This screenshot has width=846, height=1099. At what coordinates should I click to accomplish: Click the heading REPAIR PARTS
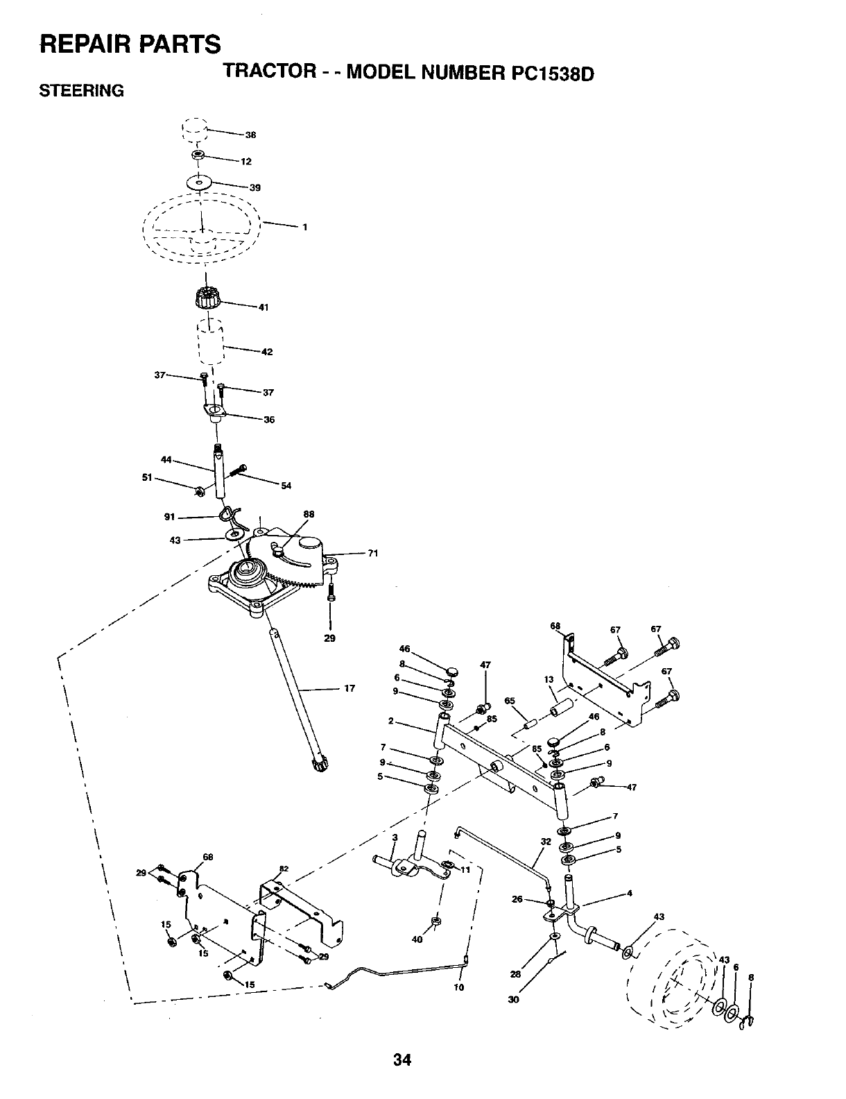point(130,43)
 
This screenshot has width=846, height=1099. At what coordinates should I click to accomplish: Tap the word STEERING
point(82,91)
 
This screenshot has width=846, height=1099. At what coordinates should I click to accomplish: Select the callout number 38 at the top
point(250,135)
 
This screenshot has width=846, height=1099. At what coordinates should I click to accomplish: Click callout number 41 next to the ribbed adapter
point(263,307)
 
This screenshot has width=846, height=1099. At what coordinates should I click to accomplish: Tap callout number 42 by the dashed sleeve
point(266,352)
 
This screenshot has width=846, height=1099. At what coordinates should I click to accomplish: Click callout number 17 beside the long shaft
point(349,688)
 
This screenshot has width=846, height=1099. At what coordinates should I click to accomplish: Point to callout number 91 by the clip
point(168,517)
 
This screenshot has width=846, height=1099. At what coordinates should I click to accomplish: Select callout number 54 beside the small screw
point(286,485)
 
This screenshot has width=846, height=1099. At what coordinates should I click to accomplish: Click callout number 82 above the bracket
point(283,869)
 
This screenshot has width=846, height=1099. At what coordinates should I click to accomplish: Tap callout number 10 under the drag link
point(458,987)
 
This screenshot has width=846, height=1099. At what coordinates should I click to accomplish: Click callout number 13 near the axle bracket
point(549,680)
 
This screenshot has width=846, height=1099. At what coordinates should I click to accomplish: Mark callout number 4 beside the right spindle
point(629,893)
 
